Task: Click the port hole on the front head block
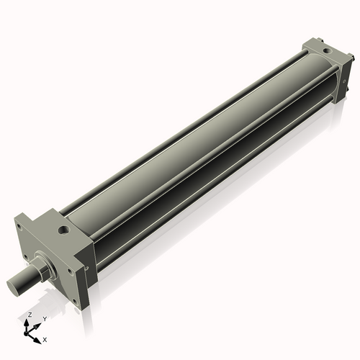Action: pos(66,230)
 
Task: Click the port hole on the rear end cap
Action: pos(328,51)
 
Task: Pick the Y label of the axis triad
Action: pos(44,318)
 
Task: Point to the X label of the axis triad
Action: pos(45,338)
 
